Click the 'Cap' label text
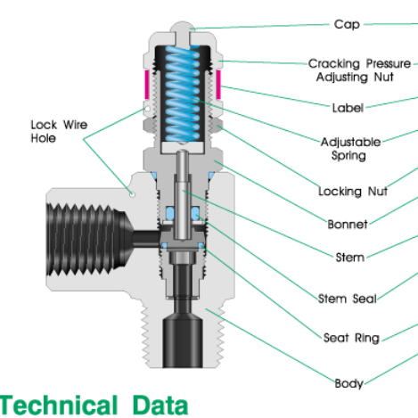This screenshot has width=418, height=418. (347, 24)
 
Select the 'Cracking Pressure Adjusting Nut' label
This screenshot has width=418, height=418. (360, 70)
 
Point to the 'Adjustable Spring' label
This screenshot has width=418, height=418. (350, 148)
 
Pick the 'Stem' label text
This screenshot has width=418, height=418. (349, 258)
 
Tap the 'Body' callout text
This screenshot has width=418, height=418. (348, 383)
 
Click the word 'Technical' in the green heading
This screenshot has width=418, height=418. (59, 406)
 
